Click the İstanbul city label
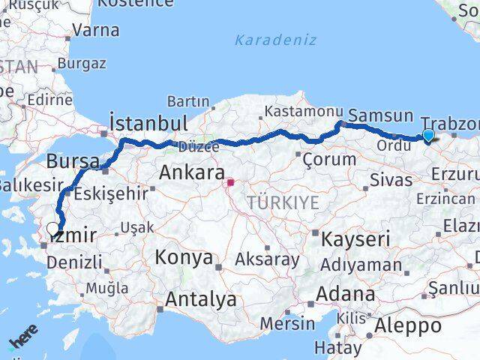tap(148, 122)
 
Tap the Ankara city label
tap(191, 173)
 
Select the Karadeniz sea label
tap(275, 40)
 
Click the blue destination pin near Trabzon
tap(427, 136)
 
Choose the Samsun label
tap(381, 115)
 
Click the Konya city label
tap(184, 258)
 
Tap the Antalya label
tap(200, 299)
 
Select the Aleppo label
tap(408, 325)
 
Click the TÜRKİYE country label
tap(283, 202)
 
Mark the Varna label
tap(97, 31)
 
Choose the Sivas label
tap(391, 180)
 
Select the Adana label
tap(345, 293)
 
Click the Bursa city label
tap(73, 160)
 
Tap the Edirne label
tap(49, 100)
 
